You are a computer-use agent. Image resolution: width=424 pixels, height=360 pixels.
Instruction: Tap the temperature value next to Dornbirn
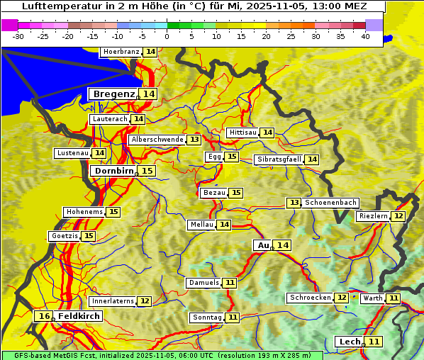pos(147,171)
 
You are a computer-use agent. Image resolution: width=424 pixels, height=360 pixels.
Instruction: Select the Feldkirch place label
pos(78,316)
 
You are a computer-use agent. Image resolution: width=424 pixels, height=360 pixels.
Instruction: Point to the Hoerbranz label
pos(121,52)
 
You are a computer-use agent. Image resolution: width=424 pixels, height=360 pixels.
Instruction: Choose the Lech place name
pos(350,342)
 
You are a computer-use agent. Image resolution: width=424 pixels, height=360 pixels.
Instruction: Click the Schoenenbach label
pos(330,203)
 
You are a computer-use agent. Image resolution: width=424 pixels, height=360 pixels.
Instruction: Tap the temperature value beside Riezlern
pos(398,216)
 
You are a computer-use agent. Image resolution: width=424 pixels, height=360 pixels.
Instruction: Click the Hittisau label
pos(243,133)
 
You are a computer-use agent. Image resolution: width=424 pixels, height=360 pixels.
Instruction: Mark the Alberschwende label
pos(157,140)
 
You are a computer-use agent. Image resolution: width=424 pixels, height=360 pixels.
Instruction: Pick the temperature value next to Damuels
pos(229,283)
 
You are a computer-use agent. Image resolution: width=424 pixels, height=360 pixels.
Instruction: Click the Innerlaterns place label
pos(113,301)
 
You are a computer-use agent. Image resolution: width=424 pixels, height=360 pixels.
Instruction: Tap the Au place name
pos(263,245)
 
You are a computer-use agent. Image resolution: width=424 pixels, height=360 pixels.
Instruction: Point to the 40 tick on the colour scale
pos(365,36)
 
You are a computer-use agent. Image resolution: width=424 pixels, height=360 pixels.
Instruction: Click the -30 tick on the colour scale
pos(18,36)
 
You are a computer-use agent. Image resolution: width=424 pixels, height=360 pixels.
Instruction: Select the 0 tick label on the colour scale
pos(167,36)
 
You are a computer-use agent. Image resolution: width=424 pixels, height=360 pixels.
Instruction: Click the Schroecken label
pos(310,298)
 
